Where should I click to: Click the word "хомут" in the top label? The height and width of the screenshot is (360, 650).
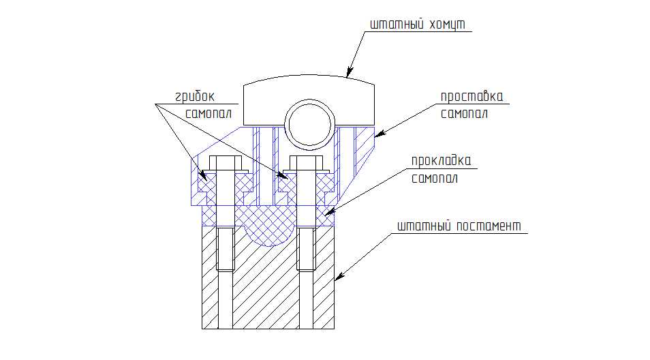pos(448,25)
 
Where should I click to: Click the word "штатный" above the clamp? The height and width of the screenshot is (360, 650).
pos(397,25)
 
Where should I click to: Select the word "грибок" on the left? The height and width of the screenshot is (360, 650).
pos(194,97)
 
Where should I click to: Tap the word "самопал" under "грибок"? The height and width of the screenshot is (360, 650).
pos(208,114)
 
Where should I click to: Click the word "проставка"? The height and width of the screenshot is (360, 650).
pos(471,97)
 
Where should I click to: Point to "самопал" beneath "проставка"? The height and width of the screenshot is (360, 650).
pos(464,114)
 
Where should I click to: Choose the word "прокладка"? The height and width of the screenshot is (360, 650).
pos(441,162)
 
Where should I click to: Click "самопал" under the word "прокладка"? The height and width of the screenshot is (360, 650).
pos(435,179)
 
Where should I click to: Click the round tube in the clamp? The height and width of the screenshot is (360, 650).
pos(309,125)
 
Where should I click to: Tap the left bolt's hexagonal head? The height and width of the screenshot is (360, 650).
pos(225,163)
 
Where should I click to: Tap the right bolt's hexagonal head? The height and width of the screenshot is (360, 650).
pos(306,163)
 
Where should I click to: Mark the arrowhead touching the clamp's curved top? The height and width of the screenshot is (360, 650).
pos(350,72)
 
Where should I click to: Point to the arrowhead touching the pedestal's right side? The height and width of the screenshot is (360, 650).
pos(339,276)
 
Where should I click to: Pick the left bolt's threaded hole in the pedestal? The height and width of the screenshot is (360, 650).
pos(225,250)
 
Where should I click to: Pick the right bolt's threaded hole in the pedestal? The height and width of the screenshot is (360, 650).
pos(306,250)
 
